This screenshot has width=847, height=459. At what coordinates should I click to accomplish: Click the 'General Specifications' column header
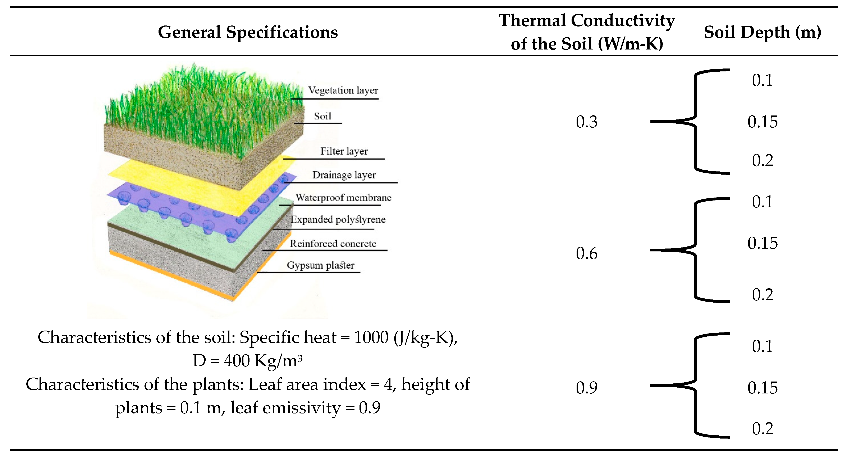coord(248,32)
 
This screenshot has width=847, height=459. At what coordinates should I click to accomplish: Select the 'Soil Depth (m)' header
coord(762,32)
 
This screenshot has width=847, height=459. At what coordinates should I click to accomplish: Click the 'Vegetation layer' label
coord(343,90)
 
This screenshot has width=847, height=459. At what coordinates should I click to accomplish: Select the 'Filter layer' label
coord(344,151)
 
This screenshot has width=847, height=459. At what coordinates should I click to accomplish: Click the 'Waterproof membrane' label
coord(343,198)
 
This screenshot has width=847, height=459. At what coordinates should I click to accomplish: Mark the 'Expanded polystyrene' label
coord(338,219)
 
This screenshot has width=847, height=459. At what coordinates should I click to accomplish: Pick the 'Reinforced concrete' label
coord(333,244)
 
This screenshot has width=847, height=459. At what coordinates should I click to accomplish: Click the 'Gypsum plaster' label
coord(321,265)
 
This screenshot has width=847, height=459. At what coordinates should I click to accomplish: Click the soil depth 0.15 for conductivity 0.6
coord(762,243)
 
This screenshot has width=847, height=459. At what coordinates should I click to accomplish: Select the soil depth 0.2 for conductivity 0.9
coord(762,429)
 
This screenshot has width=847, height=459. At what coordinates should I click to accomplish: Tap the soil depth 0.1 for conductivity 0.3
coord(762,80)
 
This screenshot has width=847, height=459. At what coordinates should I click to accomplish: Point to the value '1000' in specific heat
coord(371,337)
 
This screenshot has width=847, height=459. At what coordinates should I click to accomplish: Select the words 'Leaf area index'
coord(307,384)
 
